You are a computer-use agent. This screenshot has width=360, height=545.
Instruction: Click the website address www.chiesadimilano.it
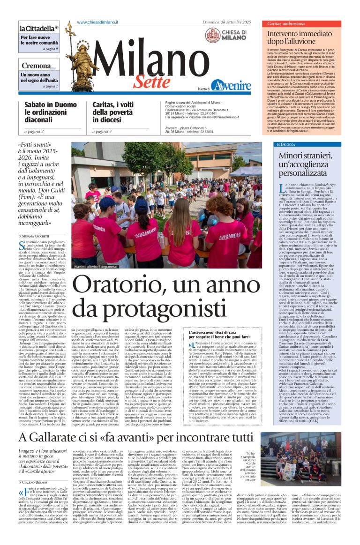(97, 22)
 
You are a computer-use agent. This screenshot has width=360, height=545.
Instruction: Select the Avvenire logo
(231, 86)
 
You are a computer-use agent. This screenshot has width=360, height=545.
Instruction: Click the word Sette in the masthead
(151, 82)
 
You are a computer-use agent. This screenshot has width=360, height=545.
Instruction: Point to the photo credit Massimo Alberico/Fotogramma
(95, 267)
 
